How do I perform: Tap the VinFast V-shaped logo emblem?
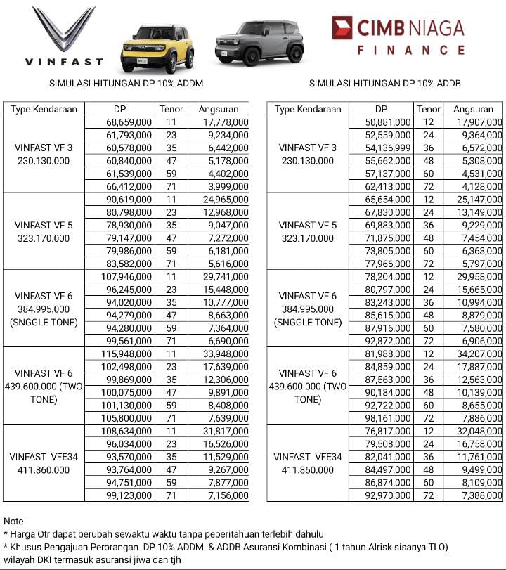[64, 29]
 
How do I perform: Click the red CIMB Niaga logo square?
[342, 28]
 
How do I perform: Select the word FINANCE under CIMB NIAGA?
[411, 51]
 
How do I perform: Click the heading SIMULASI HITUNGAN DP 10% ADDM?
[126, 83]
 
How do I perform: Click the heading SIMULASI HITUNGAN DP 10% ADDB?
[385, 83]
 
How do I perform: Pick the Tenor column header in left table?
[171, 109]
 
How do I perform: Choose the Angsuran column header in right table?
[473, 109]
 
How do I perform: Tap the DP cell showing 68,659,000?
[129, 122]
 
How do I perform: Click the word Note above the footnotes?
[13, 521]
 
